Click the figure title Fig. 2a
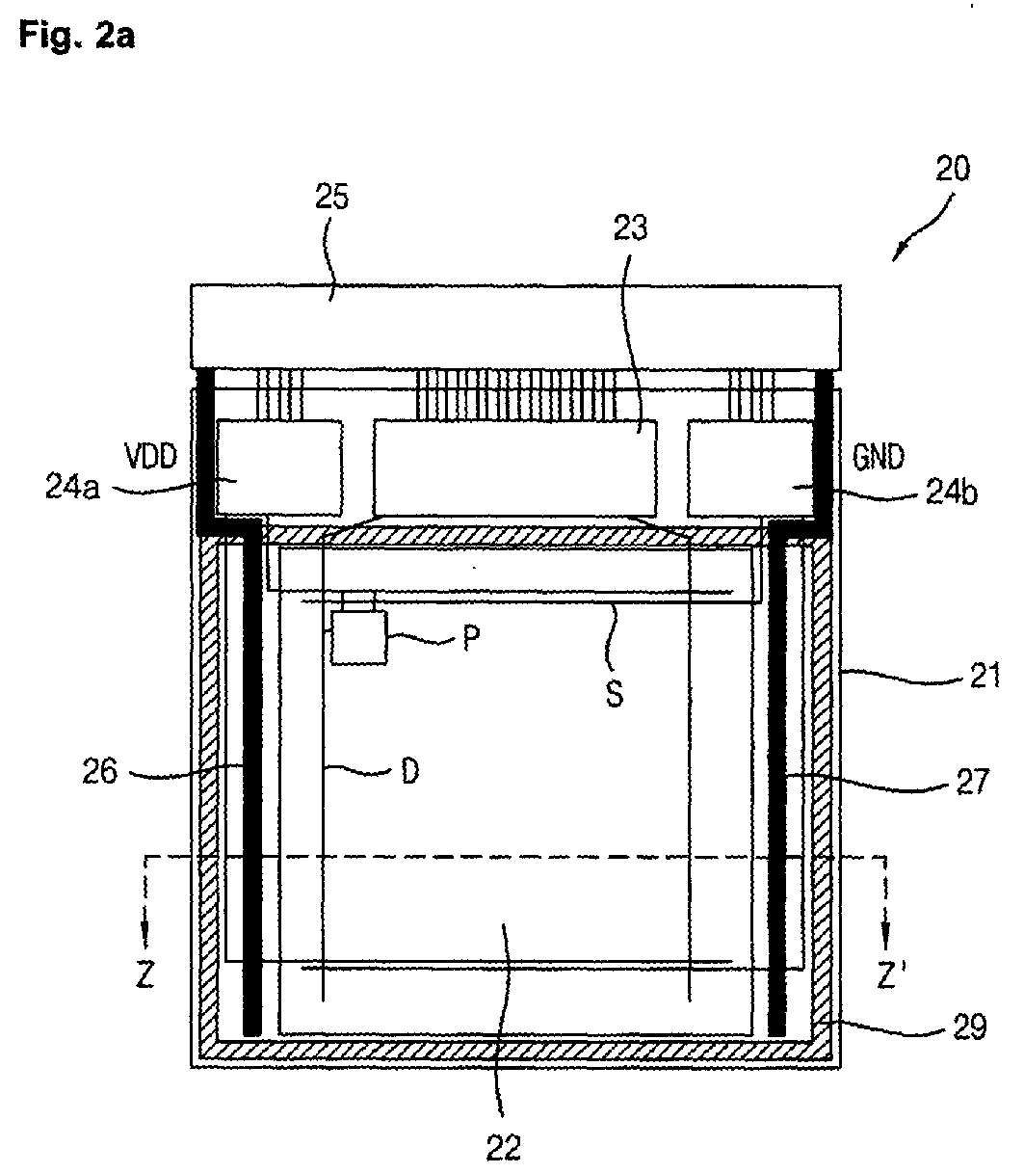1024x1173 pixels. point(77,36)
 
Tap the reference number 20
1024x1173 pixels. point(953,169)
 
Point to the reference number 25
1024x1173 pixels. point(331,198)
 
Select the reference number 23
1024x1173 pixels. point(630,227)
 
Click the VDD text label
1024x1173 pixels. point(151,457)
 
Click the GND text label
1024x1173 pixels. point(878,458)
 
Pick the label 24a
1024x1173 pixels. point(72,489)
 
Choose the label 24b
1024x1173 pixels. point(952,493)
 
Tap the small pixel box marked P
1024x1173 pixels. point(358,637)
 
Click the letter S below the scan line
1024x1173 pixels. point(615,694)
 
